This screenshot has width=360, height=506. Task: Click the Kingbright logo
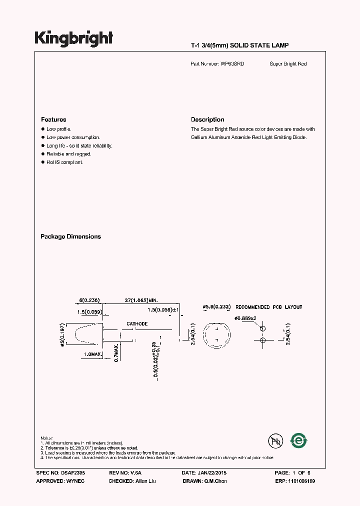pyautogui.click(x=73, y=38)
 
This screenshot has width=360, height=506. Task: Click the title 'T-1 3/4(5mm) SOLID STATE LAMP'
pyautogui.click(x=239, y=45)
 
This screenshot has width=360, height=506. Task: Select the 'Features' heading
pyautogui.click(x=53, y=120)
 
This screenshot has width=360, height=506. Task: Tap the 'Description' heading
pyautogui.click(x=207, y=120)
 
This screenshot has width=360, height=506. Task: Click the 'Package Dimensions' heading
pyautogui.click(x=70, y=236)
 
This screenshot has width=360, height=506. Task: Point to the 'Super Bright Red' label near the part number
pyautogui.click(x=288, y=64)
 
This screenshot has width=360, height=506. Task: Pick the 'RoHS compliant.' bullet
pyautogui.click(x=64, y=162)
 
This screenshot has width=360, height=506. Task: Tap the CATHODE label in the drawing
pyautogui.click(x=137, y=324)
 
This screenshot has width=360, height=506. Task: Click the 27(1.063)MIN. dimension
pyautogui.click(x=141, y=300)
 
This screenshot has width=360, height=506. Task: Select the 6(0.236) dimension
pyautogui.click(x=89, y=300)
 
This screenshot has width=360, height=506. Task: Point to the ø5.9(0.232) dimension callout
pyautogui.click(x=216, y=307)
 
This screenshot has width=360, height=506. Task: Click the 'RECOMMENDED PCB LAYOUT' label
pyautogui.click(x=268, y=307)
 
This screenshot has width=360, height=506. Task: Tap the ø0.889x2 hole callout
pyautogui.click(x=246, y=318)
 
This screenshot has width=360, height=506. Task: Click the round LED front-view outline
pyautogui.click(x=216, y=333)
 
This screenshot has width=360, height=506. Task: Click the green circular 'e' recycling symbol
pyautogui.click(x=299, y=440)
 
